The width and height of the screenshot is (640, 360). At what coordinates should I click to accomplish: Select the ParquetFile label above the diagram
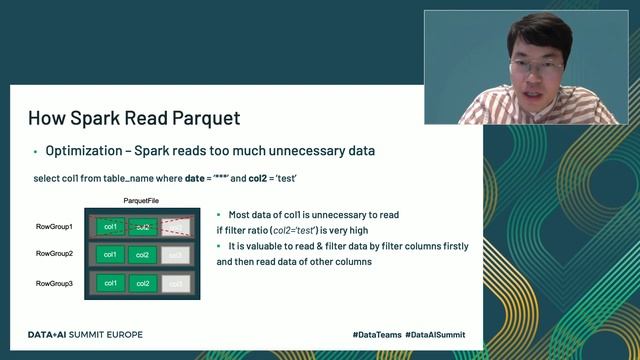(x=144, y=201)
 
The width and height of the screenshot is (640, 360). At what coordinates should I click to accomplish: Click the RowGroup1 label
(x=54, y=227)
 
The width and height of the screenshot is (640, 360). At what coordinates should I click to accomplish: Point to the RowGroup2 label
(x=54, y=255)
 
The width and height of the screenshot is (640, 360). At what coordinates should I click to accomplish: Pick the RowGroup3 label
(x=54, y=284)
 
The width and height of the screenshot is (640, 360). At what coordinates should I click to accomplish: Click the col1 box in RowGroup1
(x=111, y=227)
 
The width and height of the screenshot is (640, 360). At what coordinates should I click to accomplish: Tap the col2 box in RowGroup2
(x=143, y=255)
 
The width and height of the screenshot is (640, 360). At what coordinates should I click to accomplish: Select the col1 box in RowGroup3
(x=111, y=284)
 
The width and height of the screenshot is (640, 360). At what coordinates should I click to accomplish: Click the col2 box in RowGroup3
(x=143, y=284)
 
